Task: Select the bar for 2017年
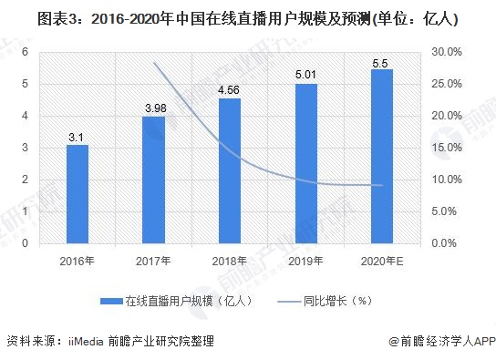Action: tap(154, 180)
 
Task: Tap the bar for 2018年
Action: tap(230, 171)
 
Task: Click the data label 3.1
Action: tap(77, 137)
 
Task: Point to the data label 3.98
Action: tap(154, 108)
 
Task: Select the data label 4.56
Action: tap(230, 90)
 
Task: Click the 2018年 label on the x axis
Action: tap(230, 261)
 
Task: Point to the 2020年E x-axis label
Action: tap(382, 261)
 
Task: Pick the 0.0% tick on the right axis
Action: tap(447, 244)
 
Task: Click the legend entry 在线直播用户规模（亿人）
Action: tap(182, 300)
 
